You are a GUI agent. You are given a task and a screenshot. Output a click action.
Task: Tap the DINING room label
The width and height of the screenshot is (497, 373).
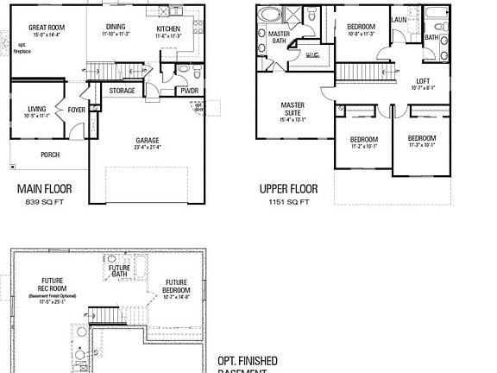click(115, 27)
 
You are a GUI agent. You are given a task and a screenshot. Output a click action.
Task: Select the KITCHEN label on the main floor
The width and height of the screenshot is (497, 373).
click(167, 29)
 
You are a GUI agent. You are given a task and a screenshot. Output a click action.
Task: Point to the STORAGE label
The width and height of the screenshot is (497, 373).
click(122, 90)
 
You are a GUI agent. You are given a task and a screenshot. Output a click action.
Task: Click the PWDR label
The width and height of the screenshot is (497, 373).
click(189, 90)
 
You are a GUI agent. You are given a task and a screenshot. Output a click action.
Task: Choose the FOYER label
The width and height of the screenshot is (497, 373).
click(77, 110)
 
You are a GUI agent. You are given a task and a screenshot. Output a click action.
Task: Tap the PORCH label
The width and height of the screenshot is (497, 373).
click(50, 155)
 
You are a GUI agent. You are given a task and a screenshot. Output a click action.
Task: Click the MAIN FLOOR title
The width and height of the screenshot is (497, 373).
click(44, 188)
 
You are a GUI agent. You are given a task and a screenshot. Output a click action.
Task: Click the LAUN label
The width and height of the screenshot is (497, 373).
click(399, 20)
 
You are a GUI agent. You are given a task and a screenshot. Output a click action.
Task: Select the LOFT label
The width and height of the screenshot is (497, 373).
click(422, 81)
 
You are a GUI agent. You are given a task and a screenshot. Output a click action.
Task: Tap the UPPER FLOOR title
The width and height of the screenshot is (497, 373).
click(288, 188)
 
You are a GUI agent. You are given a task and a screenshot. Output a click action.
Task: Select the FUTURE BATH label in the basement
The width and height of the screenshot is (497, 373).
click(119, 270)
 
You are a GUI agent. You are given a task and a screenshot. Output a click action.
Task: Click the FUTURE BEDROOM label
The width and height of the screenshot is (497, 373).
click(176, 286)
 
